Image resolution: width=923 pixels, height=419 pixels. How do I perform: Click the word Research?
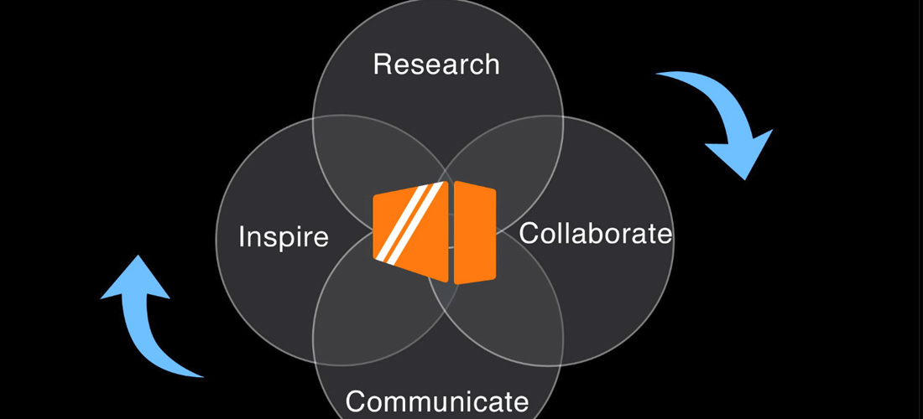click(436, 64)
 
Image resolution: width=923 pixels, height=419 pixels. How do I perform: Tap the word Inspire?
click(284, 235)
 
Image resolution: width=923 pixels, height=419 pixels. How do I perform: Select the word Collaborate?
click(595, 233)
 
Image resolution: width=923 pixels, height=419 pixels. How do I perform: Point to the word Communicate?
click(437, 401)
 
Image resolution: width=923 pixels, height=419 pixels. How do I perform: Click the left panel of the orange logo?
click(411, 230)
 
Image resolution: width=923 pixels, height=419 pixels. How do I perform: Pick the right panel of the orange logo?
click(475, 232)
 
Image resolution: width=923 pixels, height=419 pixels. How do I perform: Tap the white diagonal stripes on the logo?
click(409, 222)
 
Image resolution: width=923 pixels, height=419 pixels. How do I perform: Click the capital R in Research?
click(383, 64)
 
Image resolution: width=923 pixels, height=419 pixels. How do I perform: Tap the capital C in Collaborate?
click(529, 233)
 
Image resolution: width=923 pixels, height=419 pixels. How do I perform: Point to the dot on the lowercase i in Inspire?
click(242, 226)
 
